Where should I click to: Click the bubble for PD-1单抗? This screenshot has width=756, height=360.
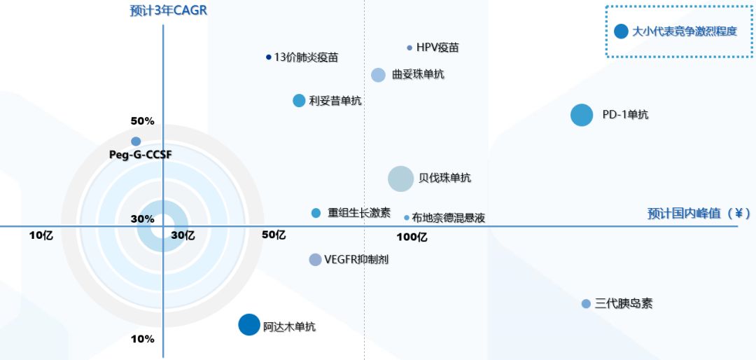[581, 115]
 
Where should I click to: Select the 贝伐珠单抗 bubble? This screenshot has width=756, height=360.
[401, 179]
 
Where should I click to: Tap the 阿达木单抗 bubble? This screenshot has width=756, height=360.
[248, 324]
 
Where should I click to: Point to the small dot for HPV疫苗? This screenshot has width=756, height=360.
[409, 48]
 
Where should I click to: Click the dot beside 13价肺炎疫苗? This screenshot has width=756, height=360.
[269, 57]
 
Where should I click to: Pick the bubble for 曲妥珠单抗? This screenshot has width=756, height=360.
[378, 75]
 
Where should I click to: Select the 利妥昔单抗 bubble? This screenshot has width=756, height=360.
[299, 100]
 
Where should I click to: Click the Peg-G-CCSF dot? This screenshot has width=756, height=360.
[136, 141]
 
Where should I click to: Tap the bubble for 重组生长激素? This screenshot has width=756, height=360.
[316, 213]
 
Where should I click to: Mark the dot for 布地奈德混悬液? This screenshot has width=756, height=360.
[407, 218]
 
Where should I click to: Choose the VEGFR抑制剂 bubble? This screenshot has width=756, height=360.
[316, 259]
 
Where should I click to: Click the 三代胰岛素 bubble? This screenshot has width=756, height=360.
[586, 304]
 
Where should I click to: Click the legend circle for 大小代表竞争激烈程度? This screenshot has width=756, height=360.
[621, 31]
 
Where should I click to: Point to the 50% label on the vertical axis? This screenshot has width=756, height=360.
[142, 121]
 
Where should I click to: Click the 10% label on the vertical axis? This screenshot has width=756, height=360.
[142, 340]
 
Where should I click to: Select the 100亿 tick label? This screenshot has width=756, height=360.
[412, 237]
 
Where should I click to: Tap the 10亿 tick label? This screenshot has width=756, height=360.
[41, 235]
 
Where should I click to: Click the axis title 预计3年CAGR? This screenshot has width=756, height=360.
[169, 11]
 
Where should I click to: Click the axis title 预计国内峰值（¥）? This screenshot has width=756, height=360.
[699, 214]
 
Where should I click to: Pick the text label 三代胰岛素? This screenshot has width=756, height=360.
[624, 304]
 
